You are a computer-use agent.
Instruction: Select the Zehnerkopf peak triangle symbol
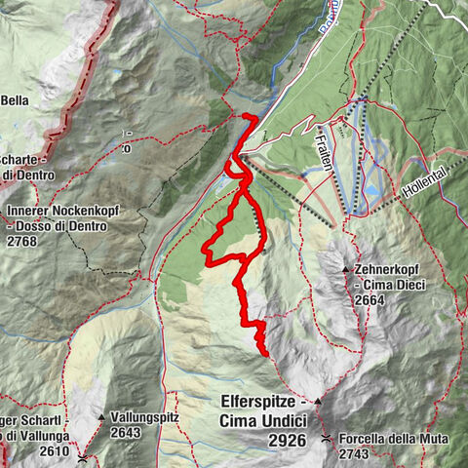tap(345, 268)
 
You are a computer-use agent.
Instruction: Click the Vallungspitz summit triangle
tap(100, 417)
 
